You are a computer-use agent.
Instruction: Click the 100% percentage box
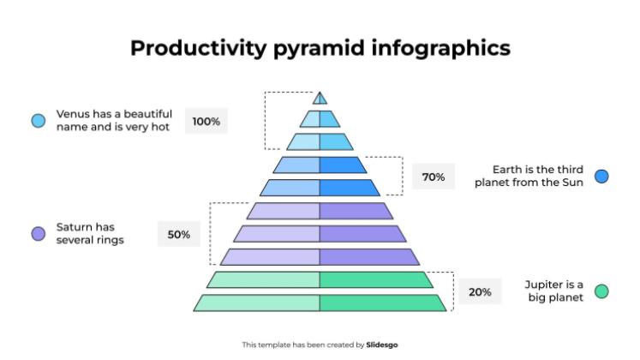coord(206,121)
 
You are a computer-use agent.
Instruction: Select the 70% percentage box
coord(434,177)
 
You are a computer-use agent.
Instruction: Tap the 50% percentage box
coord(179,234)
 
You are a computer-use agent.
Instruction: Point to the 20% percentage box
coord(480,291)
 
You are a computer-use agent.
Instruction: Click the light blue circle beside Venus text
coord(39,121)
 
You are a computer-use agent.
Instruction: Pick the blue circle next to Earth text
coord(601,177)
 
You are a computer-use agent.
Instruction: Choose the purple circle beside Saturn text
coord(39,234)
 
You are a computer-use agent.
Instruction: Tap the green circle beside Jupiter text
coord(601,291)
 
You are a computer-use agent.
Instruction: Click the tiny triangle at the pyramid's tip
coord(320,99)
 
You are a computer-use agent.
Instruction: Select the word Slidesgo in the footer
coord(381,345)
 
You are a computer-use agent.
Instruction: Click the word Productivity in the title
coord(199,48)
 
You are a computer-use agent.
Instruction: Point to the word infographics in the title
coord(441,48)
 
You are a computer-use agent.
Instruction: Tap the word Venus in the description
coord(73,114)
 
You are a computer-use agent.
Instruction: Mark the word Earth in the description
coord(506,170)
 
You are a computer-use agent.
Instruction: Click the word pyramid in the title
coord(319,49)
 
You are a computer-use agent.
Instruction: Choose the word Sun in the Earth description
coord(573,183)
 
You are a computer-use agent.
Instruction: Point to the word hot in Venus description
coord(160,127)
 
